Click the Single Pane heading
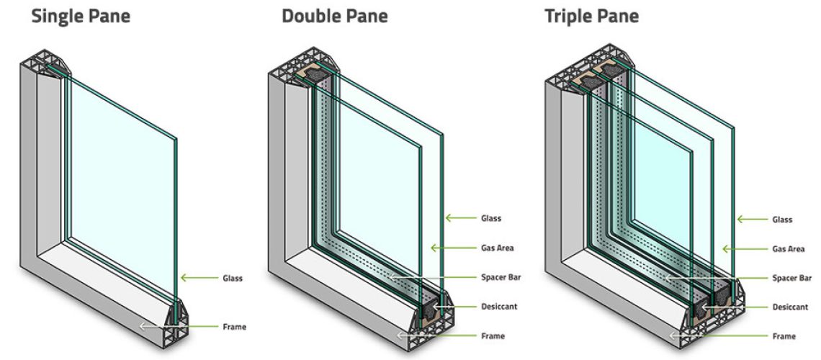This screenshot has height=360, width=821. pos(80,16)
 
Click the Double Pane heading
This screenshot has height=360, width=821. pos(334,16)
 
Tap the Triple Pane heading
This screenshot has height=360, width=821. pos(591,16)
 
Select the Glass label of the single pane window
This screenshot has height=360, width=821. pos(232,277)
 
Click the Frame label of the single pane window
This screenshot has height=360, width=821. pos(234,327)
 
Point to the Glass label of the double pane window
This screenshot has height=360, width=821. pos(491,217)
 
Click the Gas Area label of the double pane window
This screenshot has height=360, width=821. pos(497,248)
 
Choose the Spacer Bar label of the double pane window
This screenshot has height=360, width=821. pos(501,277)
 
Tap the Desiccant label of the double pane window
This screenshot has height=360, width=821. pos(499,307)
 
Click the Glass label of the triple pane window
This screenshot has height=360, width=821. pos(782,220)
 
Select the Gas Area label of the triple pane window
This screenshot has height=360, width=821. pos(788,249)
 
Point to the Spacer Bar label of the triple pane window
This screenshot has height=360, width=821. pos(791,278)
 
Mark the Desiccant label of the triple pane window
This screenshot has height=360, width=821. pos(790,307)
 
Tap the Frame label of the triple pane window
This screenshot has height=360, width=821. pos(784,336)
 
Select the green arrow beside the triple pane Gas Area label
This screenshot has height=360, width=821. pos(737,249)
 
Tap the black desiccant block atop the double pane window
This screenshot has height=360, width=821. pos(317,72)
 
